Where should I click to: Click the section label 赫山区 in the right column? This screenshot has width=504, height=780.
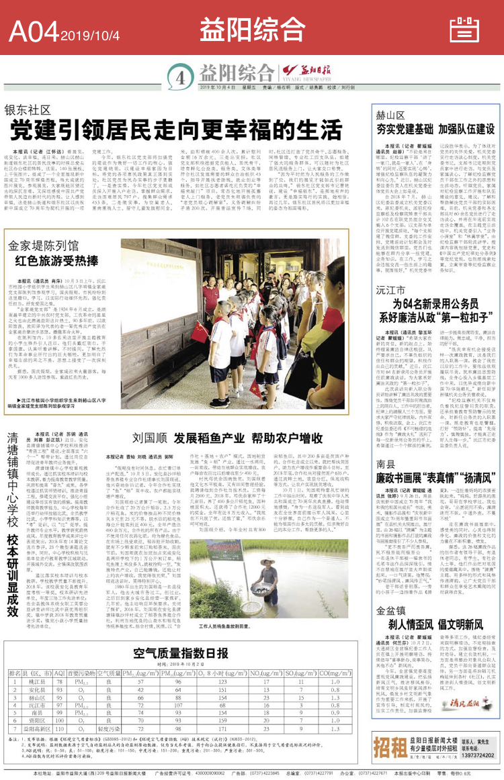[387, 115]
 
